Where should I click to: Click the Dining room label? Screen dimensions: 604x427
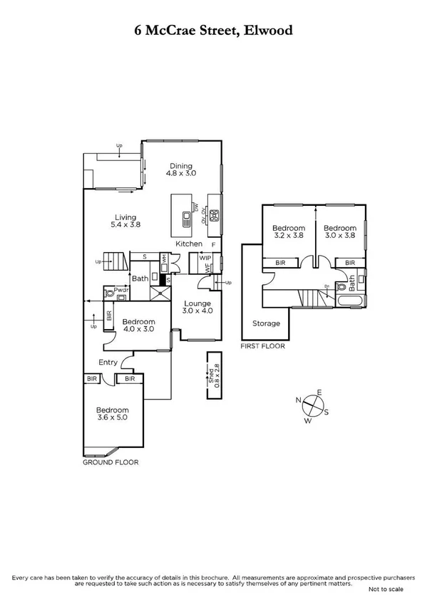pos(181,170)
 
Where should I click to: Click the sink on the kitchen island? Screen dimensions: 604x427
pos(186,219)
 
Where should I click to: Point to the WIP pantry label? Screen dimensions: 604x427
pos(206,258)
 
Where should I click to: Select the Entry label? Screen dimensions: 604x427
pos(108,363)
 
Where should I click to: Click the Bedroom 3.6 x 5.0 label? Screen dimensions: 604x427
pos(113,415)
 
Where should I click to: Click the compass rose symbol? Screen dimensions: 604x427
pos(312,407)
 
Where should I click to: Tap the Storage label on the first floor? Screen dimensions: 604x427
pos(266,323)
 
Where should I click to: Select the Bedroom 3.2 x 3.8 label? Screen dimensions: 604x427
pos(287,231)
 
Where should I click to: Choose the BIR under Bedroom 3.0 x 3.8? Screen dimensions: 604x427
pos(349,263)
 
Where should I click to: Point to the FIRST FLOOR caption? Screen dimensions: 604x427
pos(262,346)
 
